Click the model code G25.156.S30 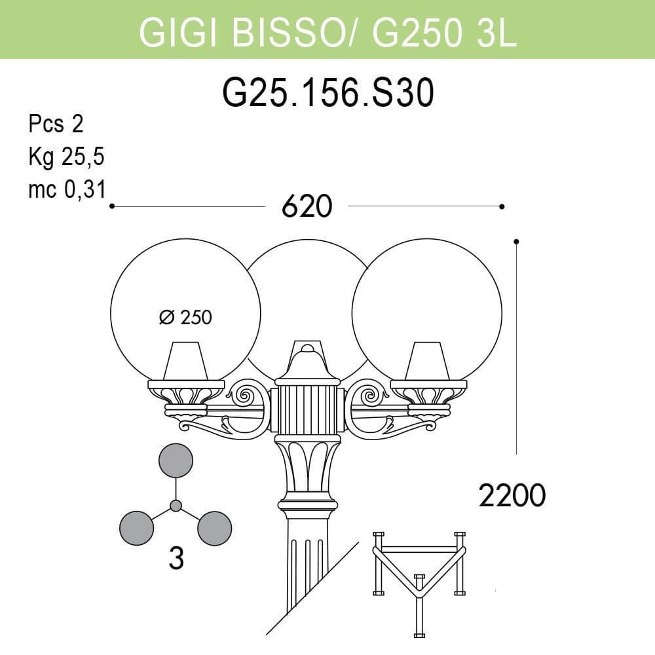tap(328, 93)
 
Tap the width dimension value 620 tap(307, 207)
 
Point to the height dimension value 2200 tap(512, 496)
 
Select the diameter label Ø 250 tap(186, 318)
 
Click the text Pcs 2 tap(56, 124)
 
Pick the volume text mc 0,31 tap(67, 190)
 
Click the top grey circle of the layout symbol tap(176, 460)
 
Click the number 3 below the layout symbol tap(175, 558)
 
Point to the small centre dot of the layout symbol tap(176, 506)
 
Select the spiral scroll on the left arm tap(248, 395)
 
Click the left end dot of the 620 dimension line tap(112, 206)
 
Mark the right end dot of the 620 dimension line tap(502, 206)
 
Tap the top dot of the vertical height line tap(517, 242)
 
